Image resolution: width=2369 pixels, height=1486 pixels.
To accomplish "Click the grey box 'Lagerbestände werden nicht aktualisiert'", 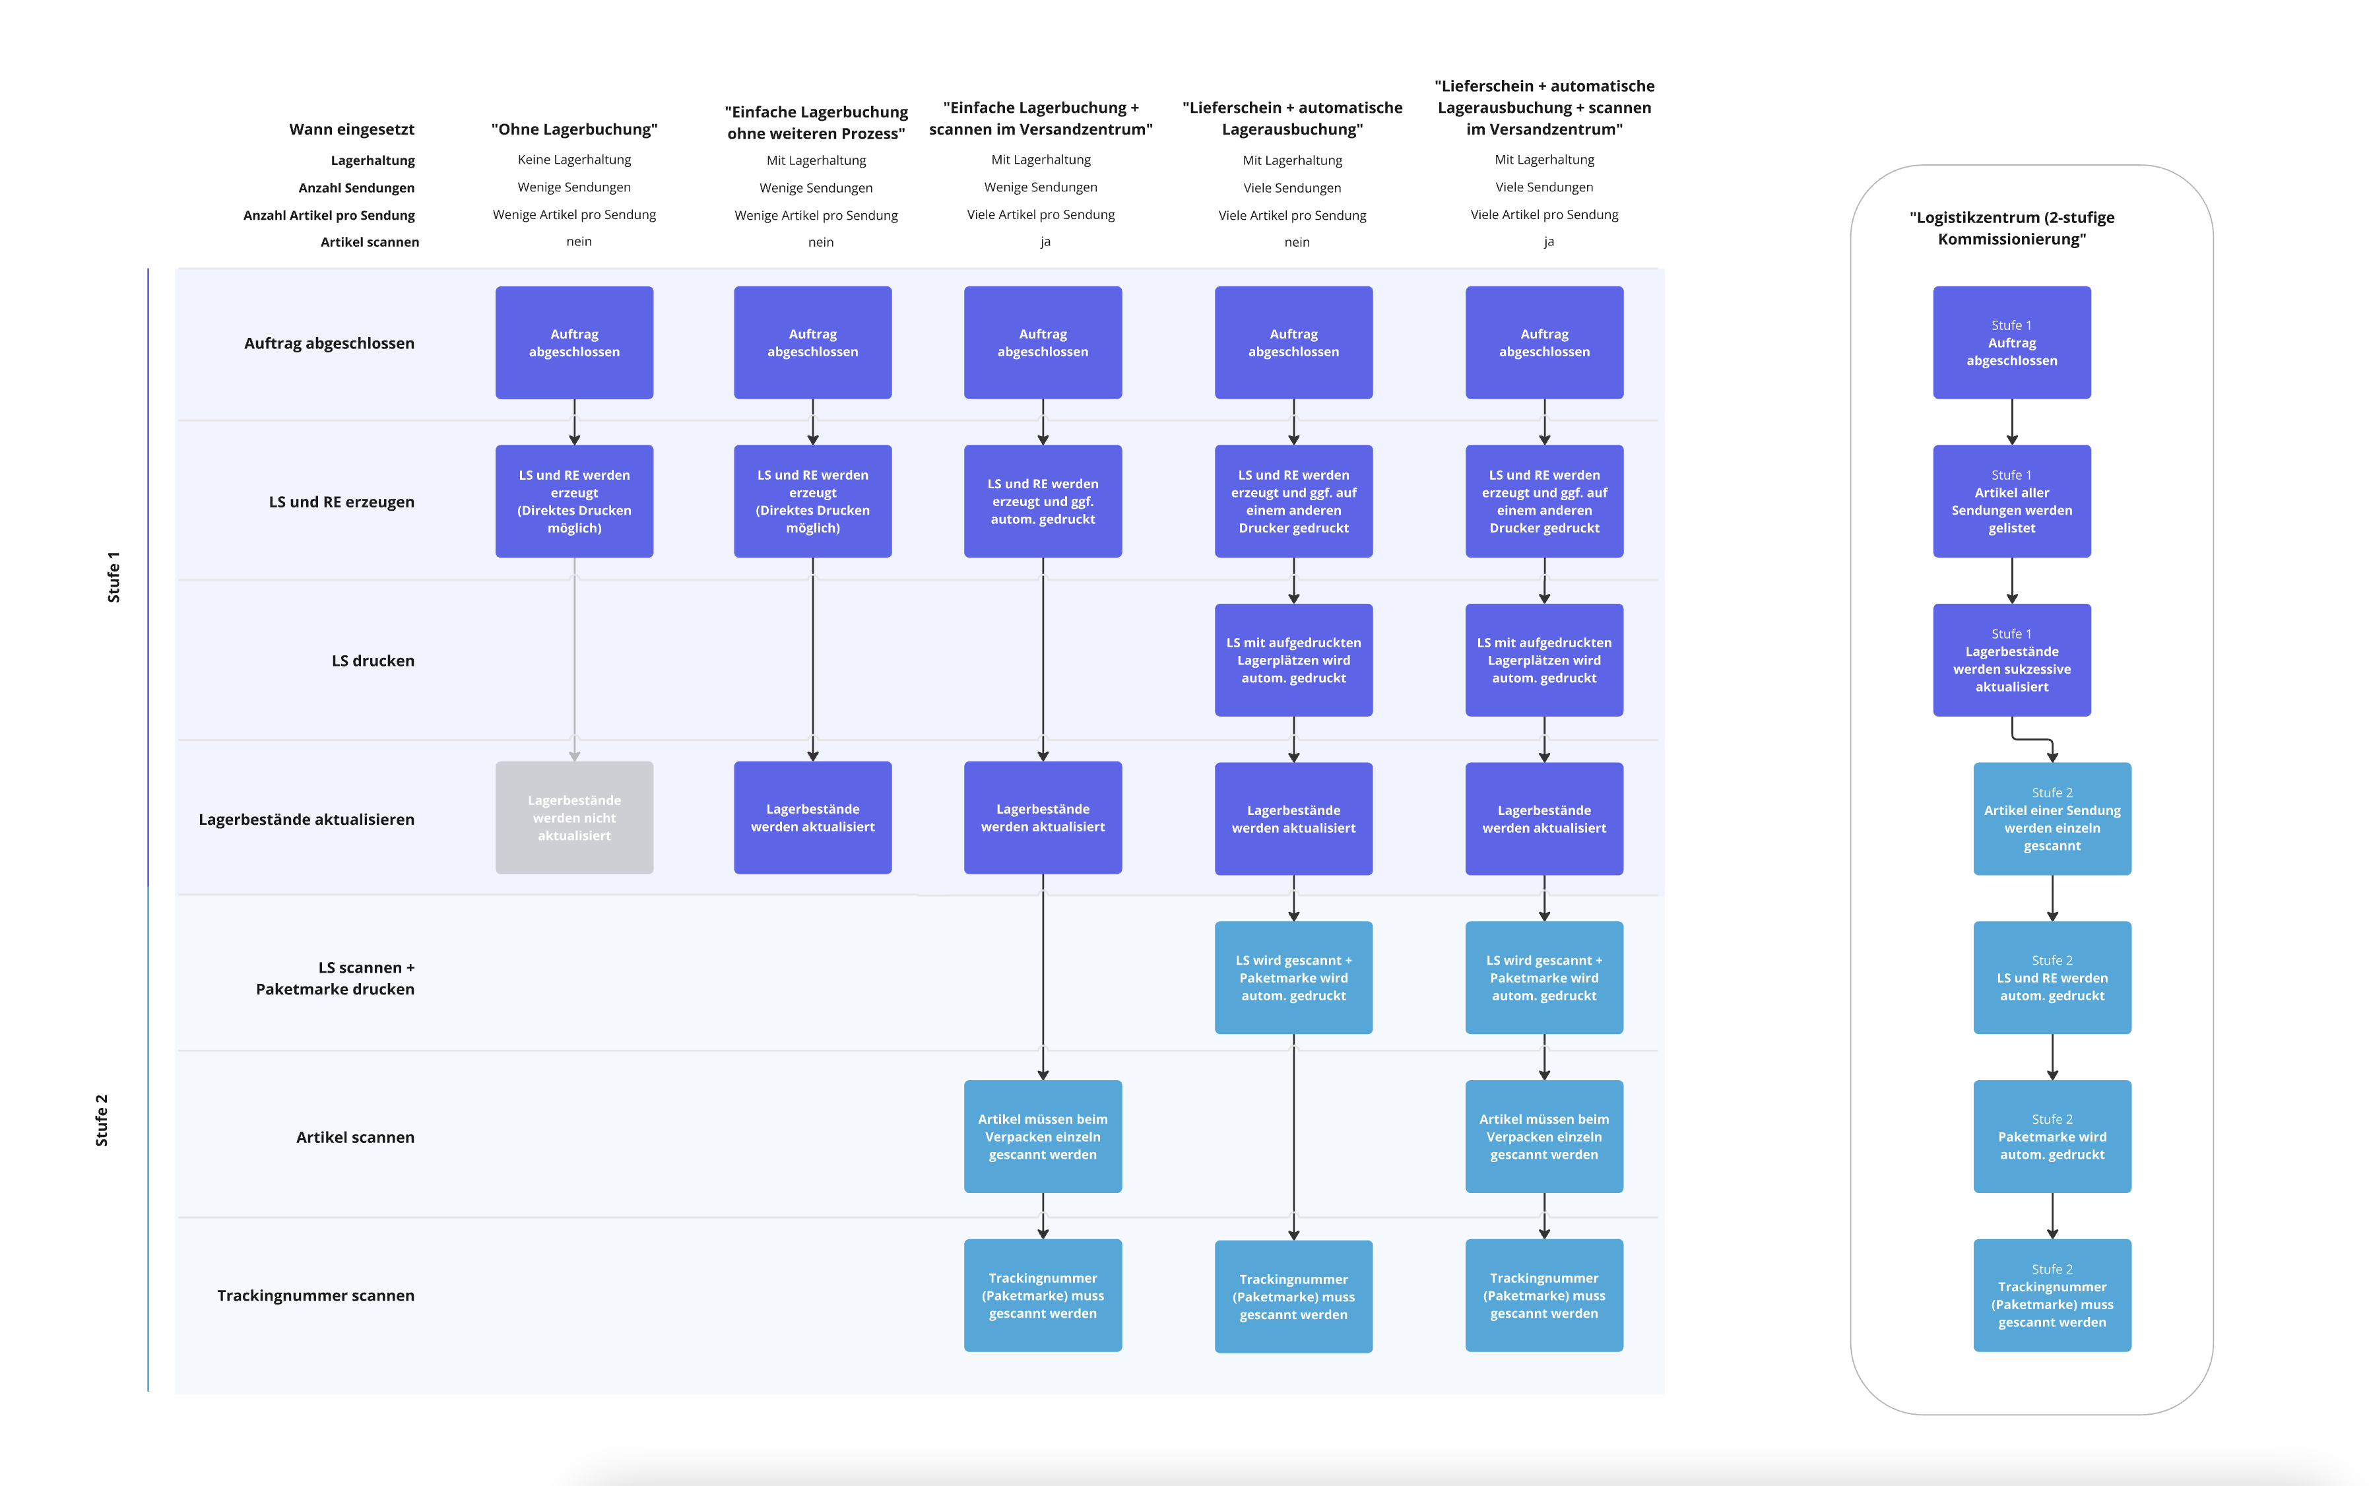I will tap(574, 818).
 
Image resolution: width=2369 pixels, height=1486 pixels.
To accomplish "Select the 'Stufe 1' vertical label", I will tap(113, 577).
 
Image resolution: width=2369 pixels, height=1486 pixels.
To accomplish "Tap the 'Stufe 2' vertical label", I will tap(101, 1120).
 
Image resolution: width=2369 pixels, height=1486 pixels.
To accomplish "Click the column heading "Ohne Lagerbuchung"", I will tap(574, 129).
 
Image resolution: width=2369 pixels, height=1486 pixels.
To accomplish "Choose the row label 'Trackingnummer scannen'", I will tap(315, 1295).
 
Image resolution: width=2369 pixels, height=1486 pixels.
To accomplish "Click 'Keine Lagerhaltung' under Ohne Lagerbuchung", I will tap(574, 159).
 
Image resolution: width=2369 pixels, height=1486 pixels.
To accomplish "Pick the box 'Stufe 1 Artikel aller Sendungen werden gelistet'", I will tap(2011, 501).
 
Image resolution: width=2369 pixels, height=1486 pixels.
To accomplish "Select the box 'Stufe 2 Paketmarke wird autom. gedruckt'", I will tap(2051, 1136).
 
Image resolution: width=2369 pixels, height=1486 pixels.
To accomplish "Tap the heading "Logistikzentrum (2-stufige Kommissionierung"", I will tap(2011, 228).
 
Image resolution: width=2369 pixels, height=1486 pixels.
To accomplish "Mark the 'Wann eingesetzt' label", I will tap(351, 129).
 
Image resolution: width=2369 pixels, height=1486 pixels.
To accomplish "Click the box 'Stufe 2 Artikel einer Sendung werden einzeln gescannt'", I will tap(2051, 819).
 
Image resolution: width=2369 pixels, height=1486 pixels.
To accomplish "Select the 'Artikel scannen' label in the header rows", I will tap(370, 242).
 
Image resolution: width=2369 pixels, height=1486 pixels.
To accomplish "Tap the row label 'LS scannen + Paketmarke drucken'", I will tap(335, 978).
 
